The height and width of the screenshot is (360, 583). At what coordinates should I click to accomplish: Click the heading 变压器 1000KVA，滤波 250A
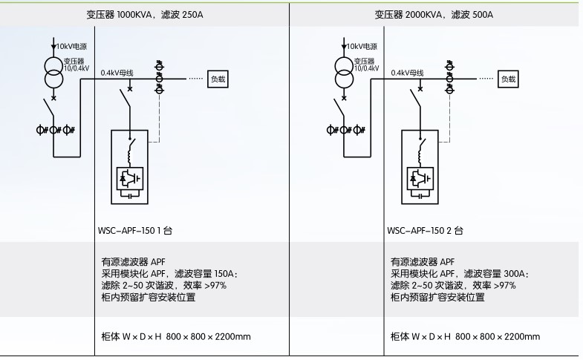click(146, 15)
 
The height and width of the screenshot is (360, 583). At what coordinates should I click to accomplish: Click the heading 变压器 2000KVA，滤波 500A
click(434, 15)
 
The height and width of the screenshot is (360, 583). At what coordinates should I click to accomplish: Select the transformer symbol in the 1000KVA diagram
click(53, 73)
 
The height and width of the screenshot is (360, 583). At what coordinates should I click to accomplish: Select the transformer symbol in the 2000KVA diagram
click(343, 73)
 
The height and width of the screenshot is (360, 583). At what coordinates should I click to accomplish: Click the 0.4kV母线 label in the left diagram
click(117, 73)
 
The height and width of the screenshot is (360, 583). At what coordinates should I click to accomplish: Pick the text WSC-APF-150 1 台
click(134, 231)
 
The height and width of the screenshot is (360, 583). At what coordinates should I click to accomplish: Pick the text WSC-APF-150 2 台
click(425, 231)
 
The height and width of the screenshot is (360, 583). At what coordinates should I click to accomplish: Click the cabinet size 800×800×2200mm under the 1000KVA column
click(208, 336)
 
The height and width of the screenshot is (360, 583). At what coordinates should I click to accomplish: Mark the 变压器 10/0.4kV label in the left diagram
click(76, 64)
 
